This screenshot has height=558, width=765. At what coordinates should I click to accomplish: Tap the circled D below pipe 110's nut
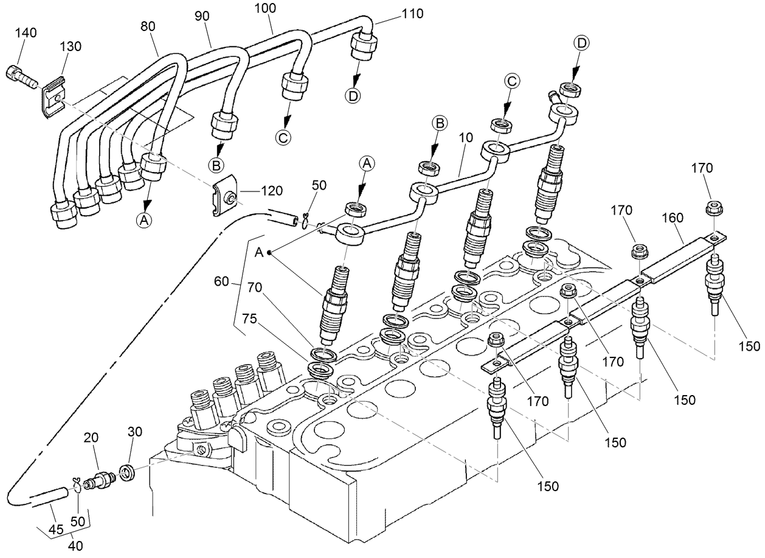[352, 95]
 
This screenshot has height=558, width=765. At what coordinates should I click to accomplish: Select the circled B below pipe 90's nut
[216, 164]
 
